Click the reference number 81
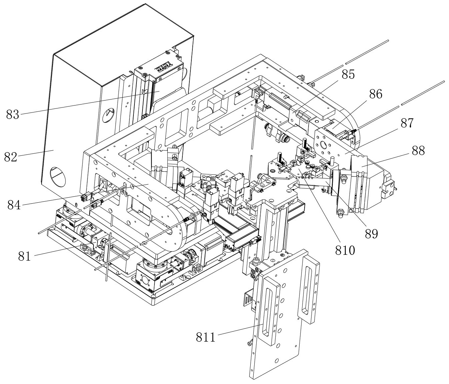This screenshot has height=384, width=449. point(25,256)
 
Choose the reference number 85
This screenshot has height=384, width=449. point(347,75)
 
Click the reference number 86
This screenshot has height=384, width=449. point(375,95)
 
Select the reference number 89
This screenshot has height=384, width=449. point(371,234)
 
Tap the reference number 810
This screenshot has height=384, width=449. point(345,250)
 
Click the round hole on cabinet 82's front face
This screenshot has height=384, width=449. point(57,175)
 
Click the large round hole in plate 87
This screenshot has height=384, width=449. point(323,145)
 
